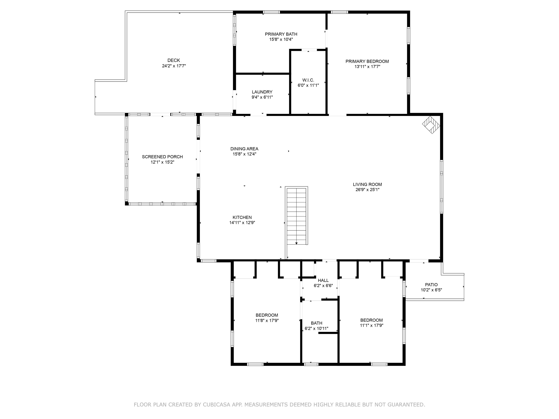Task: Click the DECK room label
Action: click(174, 60)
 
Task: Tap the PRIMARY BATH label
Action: click(281, 34)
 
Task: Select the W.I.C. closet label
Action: click(308, 80)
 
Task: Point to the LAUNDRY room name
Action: click(262, 92)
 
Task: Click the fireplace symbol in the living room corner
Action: click(431, 125)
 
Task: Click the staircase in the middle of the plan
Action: click(296, 216)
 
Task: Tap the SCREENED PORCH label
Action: click(162, 157)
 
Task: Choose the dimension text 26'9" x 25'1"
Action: click(367, 190)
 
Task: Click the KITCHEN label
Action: click(242, 218)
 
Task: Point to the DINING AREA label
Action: click(244, 149)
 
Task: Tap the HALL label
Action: click(323, 280)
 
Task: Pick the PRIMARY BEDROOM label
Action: click(367, 61)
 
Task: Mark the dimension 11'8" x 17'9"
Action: click(267, 320)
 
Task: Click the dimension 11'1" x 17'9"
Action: click(372, 326)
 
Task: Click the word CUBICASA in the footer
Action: click(217, 405)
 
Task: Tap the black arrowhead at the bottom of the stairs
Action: click(296, 243)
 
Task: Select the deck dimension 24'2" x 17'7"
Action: click(174, 66)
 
